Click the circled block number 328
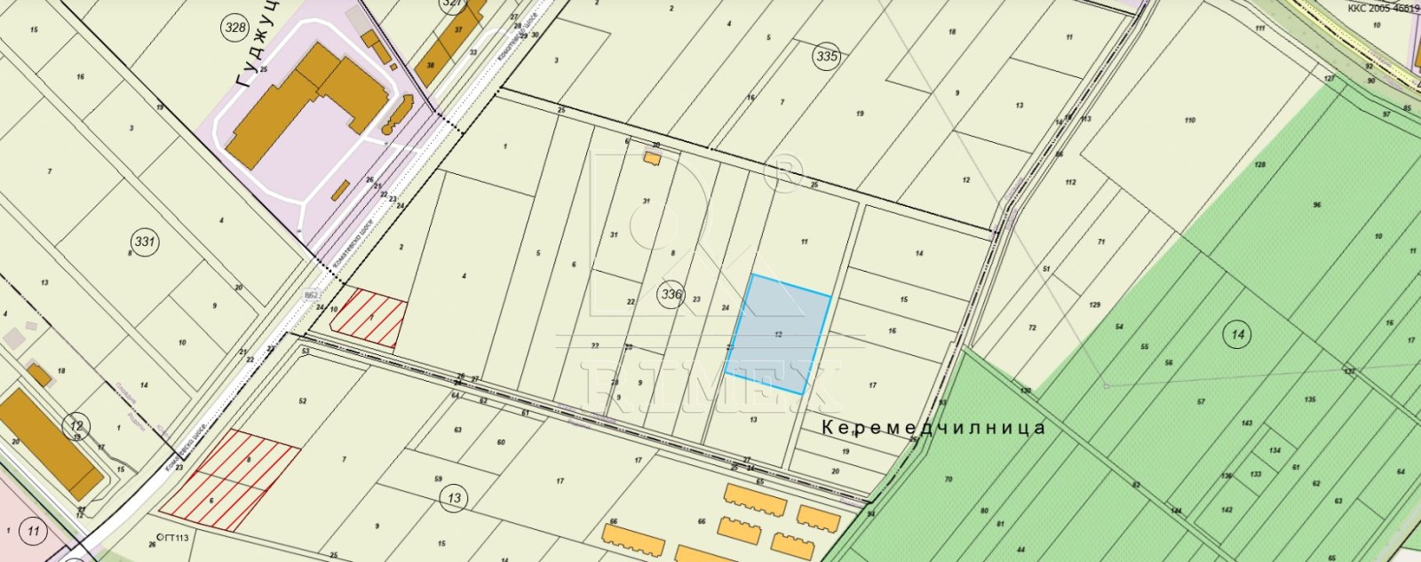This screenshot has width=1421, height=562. pyautogui.click(x=235, y=28)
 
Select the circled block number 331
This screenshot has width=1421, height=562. pyautogui.click(x=144, y=241)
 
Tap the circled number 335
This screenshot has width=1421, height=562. pyautogui.click(x=826, y=57)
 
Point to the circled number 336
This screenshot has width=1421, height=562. pyautogui.click(x=671, y=294)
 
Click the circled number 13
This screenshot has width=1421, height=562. pyautogui.click(x=454, y=498)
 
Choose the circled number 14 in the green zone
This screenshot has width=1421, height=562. pyautogui.click(x=1237, y=335)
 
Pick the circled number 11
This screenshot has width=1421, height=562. pyautogui.click(x=33, y=532)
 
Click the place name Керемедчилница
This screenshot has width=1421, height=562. pyautogui.click(x=933, y=428)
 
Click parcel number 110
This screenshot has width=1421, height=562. pyautogui.click(x=1189, y=120)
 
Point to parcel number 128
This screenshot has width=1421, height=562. pyautogui.click(x=1259, y=165)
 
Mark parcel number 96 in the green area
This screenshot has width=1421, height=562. pyautogui.click(x=1316, y=205)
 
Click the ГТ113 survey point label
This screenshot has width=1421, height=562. pyautogui.click(x=172, y=537)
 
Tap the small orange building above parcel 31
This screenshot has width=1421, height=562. pyautogui.click(x=652, y=159)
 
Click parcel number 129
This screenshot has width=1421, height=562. pyautogui.click(x=1094, y=305)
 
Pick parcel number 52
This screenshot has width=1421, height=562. pyautogui.click(x=303, y=401)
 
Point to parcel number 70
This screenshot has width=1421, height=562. pyautogui.click(x=948, y=479)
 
